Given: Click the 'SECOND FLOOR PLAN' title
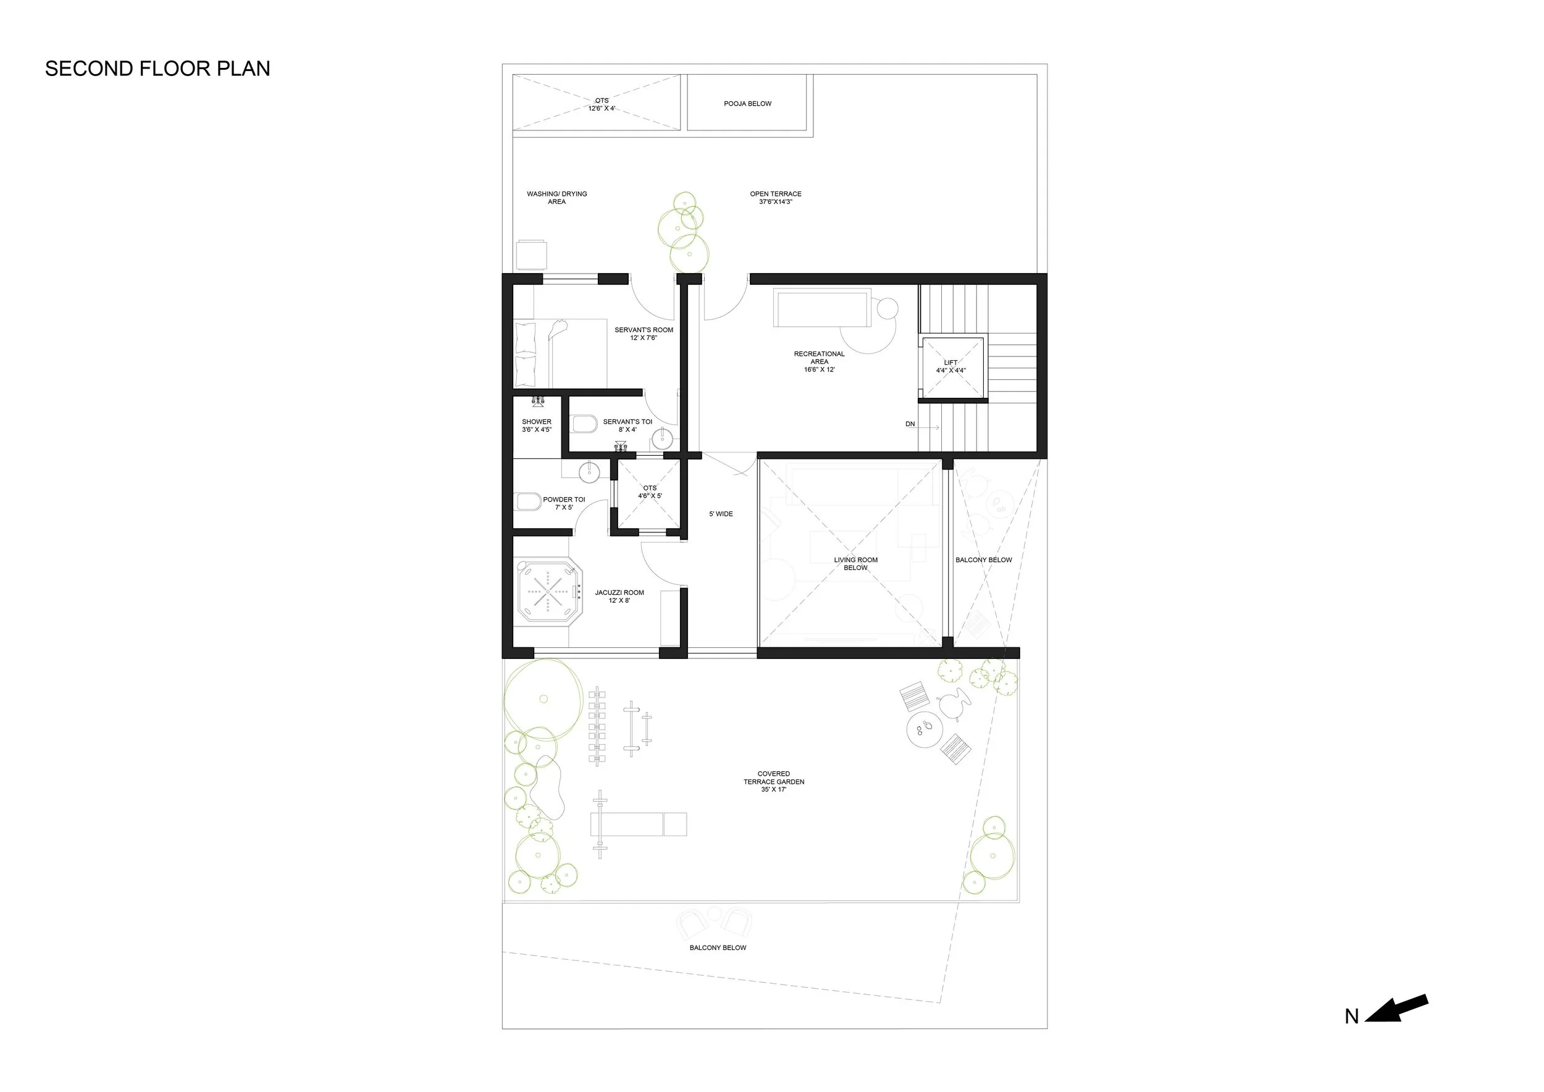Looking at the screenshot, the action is pos(157,69).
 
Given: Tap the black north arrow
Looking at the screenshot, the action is pos(1397,1009).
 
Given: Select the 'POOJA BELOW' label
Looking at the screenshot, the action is pos(748,104).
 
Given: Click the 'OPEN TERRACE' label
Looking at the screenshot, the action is pos(775,194).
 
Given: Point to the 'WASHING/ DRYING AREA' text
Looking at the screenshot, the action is pos(557,198).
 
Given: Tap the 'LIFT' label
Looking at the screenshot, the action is pos(950,363).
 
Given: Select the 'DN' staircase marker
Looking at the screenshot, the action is pos(910,424).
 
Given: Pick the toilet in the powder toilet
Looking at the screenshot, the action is pos(528,502).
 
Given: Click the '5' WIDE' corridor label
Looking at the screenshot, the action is pos(721,514).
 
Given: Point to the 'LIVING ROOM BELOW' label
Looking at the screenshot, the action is pos(855,563).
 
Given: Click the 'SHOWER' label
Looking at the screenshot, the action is pos(537,422).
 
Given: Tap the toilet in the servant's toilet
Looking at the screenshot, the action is pos(584,425).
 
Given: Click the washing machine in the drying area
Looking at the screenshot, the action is pos(531,255).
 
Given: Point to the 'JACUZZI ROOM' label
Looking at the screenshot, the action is pos(619,593).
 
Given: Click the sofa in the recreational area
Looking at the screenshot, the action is pos(822,308).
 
